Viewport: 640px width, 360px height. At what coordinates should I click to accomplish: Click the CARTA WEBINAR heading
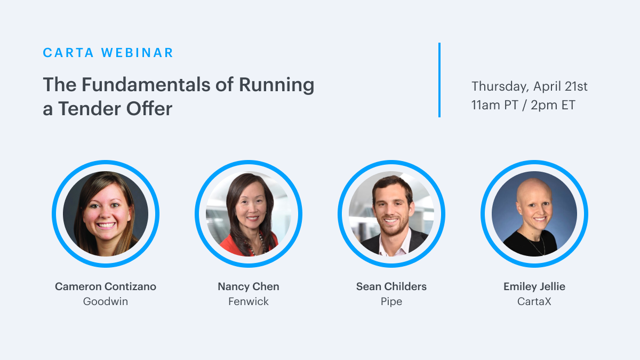pyautogui.click(x=108, y=53)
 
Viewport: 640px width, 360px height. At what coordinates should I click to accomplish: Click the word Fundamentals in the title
pyautogui.click(x=146, y=85)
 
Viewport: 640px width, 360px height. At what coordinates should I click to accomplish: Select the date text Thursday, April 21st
pyautogui.click(x=529, y=86)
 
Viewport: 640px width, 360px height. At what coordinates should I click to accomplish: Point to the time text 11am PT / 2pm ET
pyautogui.click(x=523, y=105)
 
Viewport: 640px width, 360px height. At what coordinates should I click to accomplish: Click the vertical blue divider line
pyautogui.click(x=439, y=80)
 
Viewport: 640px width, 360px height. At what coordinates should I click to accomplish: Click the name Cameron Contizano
pyautogui.click(x=106, y=286)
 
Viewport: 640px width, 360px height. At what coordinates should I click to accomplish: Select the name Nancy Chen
pyautogui.click(x=249, y=286)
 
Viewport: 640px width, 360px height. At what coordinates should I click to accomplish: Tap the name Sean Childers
pyautogui.click(x=391, y=286)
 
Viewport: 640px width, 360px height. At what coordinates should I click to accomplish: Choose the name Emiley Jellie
pyautogui.click(x=534, y=286)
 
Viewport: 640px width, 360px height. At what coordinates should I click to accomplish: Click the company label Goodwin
pyautogui.click(x=106, y=301)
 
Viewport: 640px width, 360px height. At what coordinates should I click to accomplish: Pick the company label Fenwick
pyautogui.click(x=249, y=301)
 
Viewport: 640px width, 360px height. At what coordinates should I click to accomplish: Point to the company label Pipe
pyautogui.click(x=391, y=302)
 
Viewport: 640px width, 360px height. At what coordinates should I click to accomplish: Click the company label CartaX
pyautogui.click(x=534, y=301)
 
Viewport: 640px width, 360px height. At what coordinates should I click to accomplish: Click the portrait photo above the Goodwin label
pyautogui.click(x=106, y=214)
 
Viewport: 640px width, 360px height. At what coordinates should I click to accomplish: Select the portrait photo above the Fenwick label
pyautogui.click(x=249, y=214)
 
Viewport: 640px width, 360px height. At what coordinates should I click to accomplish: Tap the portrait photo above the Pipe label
pyautogui.click(x=391, y=214)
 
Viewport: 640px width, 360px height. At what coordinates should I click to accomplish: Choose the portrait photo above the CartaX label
pyautogui.click(x=534, y=214)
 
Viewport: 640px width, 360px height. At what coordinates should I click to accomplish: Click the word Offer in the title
pyautogui.click(x=149, y=109)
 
